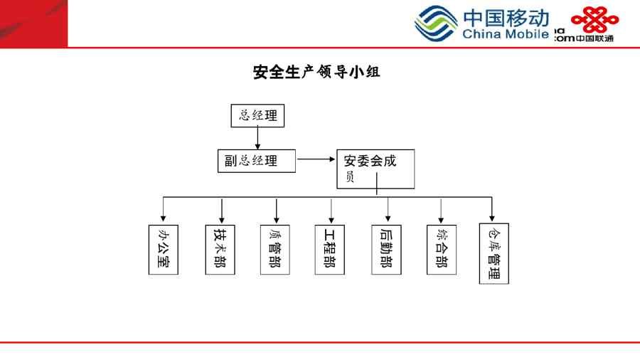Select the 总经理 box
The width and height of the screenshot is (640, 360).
pos(257,116)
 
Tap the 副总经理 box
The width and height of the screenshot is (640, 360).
pos(256,160)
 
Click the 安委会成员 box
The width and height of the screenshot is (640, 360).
pos(375,169)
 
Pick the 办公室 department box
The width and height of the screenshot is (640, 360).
pos(164,250)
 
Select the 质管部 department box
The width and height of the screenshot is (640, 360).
pos(274,250)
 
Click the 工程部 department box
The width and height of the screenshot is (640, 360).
pos(329,250)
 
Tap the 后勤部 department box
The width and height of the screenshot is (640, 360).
pos(386,250)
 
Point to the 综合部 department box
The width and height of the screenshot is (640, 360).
pos(441,250)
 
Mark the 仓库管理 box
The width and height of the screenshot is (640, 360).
pos(494,253)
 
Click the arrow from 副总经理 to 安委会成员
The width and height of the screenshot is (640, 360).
pos(316,159)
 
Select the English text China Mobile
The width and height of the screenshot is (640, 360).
pos(505,34)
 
